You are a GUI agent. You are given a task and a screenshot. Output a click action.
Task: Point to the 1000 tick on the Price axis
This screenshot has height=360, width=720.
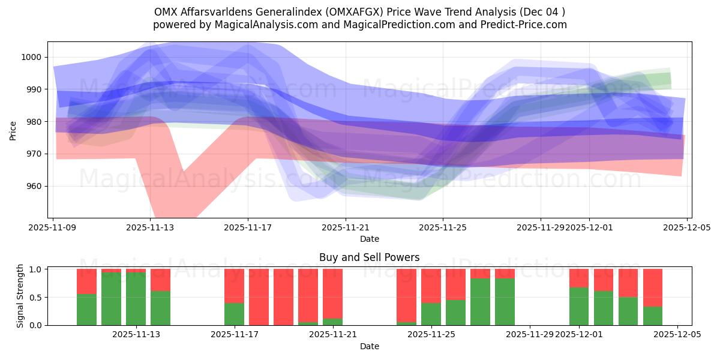point(33,57)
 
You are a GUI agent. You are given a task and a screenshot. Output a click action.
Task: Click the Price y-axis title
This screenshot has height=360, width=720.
point(13,130)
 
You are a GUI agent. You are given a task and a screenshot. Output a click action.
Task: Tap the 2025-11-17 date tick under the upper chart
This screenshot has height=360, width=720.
point(248,228)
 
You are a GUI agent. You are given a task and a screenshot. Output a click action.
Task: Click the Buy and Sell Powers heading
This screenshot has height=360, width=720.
point(369,257)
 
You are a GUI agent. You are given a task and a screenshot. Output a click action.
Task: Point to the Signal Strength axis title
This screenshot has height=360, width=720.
point(20,296)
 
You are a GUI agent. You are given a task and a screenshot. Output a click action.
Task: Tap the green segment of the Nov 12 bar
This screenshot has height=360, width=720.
point(111,299)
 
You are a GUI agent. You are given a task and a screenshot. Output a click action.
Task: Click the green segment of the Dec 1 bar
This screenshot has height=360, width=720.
point(579,306)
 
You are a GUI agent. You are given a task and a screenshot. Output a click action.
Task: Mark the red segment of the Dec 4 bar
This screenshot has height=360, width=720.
point(653,287)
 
